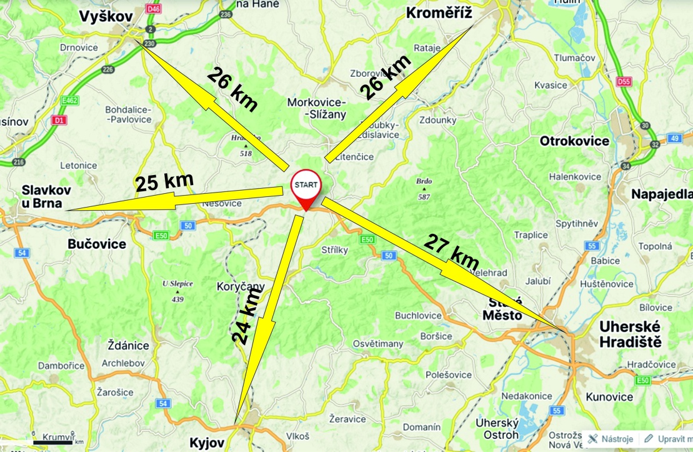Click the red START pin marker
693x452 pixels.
pyautogui.click(x=306, y=187)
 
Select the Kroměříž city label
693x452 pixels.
pyautogui.click(x=439, y=13)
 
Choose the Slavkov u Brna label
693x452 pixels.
pyautogui.click(x=46, y=195)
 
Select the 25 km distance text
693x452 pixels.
pyautogui.click(x=164, y=182)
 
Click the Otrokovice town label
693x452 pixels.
pyautogui.click(x=574, y=141)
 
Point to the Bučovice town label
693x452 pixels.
pyautogui.click(x=96, y=244)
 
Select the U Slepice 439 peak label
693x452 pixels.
pyautogui.click(x=177, y=291)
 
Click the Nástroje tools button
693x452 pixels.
pyautogui.click(x=612, y=439)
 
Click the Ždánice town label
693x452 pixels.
pyautogui.click(x=127, y=346)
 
